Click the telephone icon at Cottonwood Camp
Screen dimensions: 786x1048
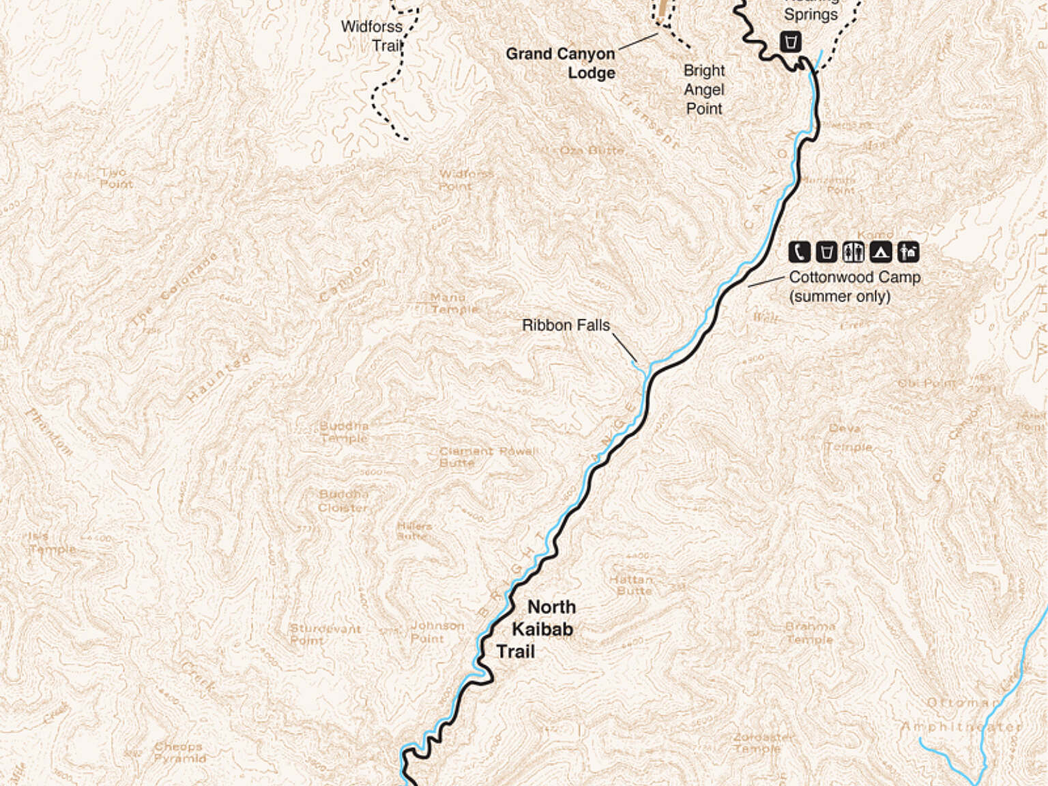(x=800, y=252)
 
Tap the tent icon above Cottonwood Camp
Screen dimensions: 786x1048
(x=881, y=252)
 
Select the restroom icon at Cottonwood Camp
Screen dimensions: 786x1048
(x=854, y=252)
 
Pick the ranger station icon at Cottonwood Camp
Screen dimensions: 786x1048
(x=908, y=252)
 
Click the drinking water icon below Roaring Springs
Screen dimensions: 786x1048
(x=791, y=42)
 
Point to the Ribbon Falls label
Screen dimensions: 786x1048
(x=566, y=325)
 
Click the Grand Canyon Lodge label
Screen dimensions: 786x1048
(x=561, y=63)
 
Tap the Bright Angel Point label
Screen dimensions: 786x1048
(x=704, y=89)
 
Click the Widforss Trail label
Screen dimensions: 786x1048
(x=372, y=36)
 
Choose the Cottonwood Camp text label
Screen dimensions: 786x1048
(x=854, y=278)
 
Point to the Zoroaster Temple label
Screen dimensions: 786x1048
(x=763, y=742)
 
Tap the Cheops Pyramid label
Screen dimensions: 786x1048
(x=179, y=752)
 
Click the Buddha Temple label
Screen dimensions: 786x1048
(x=344, y=432)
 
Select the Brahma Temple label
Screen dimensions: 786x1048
(x=810, y=632)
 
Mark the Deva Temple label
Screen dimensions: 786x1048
(x=846, y=437)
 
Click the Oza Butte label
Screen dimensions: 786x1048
(x=592, y=150)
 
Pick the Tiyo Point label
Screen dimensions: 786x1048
(x=116, y=178)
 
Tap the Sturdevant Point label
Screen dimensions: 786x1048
(x=325, y=634)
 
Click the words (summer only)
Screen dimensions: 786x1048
(x=840, y=297)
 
